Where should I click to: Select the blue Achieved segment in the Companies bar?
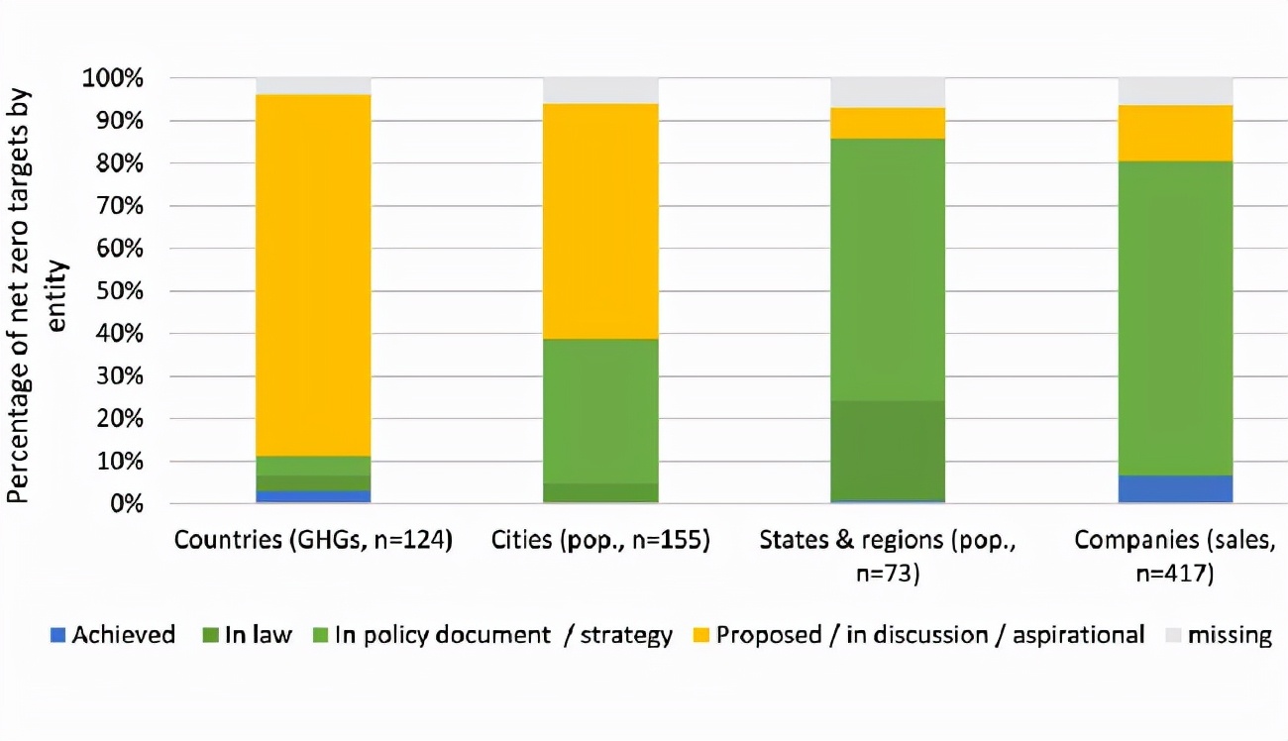[1175, 489]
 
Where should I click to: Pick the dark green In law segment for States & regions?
[888, 451]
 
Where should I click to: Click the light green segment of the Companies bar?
[1175, 318]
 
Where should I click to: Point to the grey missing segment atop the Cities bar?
[600, 90]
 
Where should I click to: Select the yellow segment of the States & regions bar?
[888, 123]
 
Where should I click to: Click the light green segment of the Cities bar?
[600, 411]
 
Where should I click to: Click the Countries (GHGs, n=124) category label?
[313, 541]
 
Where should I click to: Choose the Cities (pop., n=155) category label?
[600, 541]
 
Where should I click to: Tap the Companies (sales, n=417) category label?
[1175, 556]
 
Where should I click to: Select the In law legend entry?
[248, 635]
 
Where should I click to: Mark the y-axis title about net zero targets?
[40, 292]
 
